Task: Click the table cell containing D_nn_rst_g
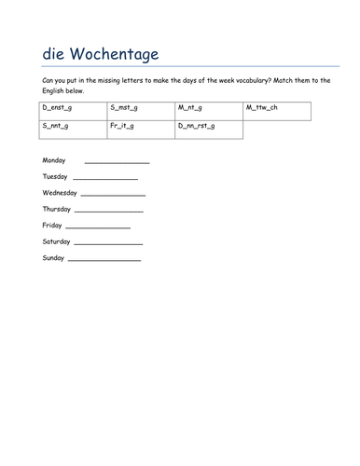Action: (209, 130)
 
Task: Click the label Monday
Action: (54, 160)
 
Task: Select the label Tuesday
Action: (55, 176)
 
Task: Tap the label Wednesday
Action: (60, 193)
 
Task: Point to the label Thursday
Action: (57, 209)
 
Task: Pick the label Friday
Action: (52, 226)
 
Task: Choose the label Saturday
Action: (56, 241)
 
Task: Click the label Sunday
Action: (53, 258)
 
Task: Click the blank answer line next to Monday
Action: (117, 163)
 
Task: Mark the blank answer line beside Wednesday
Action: (113, 196)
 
